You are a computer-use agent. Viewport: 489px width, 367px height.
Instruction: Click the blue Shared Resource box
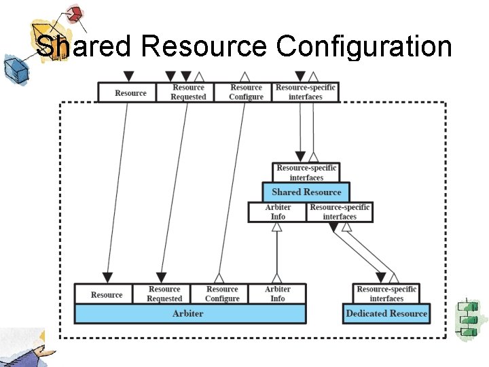pos(306,192)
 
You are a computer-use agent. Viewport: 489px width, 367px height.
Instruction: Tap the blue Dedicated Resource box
pos(386,313)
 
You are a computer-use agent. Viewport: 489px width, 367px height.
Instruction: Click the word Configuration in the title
pos(364,47)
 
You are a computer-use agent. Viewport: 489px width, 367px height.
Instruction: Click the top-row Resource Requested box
pos(188,92)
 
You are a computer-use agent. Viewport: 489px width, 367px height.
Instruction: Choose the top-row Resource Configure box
pos(246,92)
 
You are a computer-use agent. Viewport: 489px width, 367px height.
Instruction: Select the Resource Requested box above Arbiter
pos(164,294)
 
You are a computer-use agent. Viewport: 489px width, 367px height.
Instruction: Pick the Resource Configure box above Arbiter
pos(222,294)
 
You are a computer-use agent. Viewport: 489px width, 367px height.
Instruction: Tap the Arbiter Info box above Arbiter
pos(278,294)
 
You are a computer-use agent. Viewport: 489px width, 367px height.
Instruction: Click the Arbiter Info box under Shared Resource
pos(278,212)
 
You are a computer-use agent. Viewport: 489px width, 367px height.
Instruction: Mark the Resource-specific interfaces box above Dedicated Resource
pos(386,294)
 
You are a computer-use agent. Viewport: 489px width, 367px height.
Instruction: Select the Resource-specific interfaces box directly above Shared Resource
pos(306,173)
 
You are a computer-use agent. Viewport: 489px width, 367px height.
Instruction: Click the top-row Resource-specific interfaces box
pos(306,92)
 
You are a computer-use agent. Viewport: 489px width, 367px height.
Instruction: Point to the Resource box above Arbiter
pos(107,294)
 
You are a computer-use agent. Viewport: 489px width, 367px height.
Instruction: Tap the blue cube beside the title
pos(13,68)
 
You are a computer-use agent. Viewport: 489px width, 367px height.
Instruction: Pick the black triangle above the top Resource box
pos(129,77)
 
